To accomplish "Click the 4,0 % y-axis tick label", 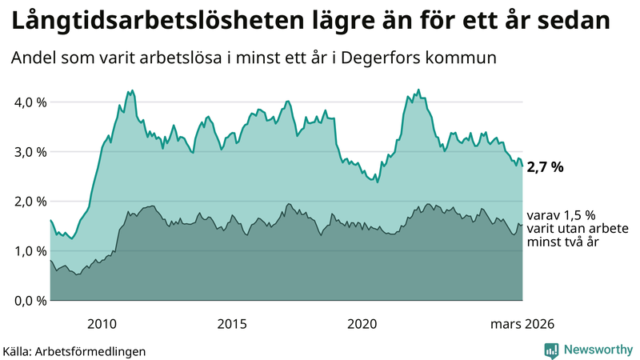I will click(27, 102).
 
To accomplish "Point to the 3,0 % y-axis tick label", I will click(27, 152).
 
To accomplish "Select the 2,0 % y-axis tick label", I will click(27, 202).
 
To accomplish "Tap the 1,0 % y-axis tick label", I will click(27, 251).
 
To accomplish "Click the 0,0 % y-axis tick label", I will click(27, 301).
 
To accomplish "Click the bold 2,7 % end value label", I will click(546, 167).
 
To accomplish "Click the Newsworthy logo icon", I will click(551, 350).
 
